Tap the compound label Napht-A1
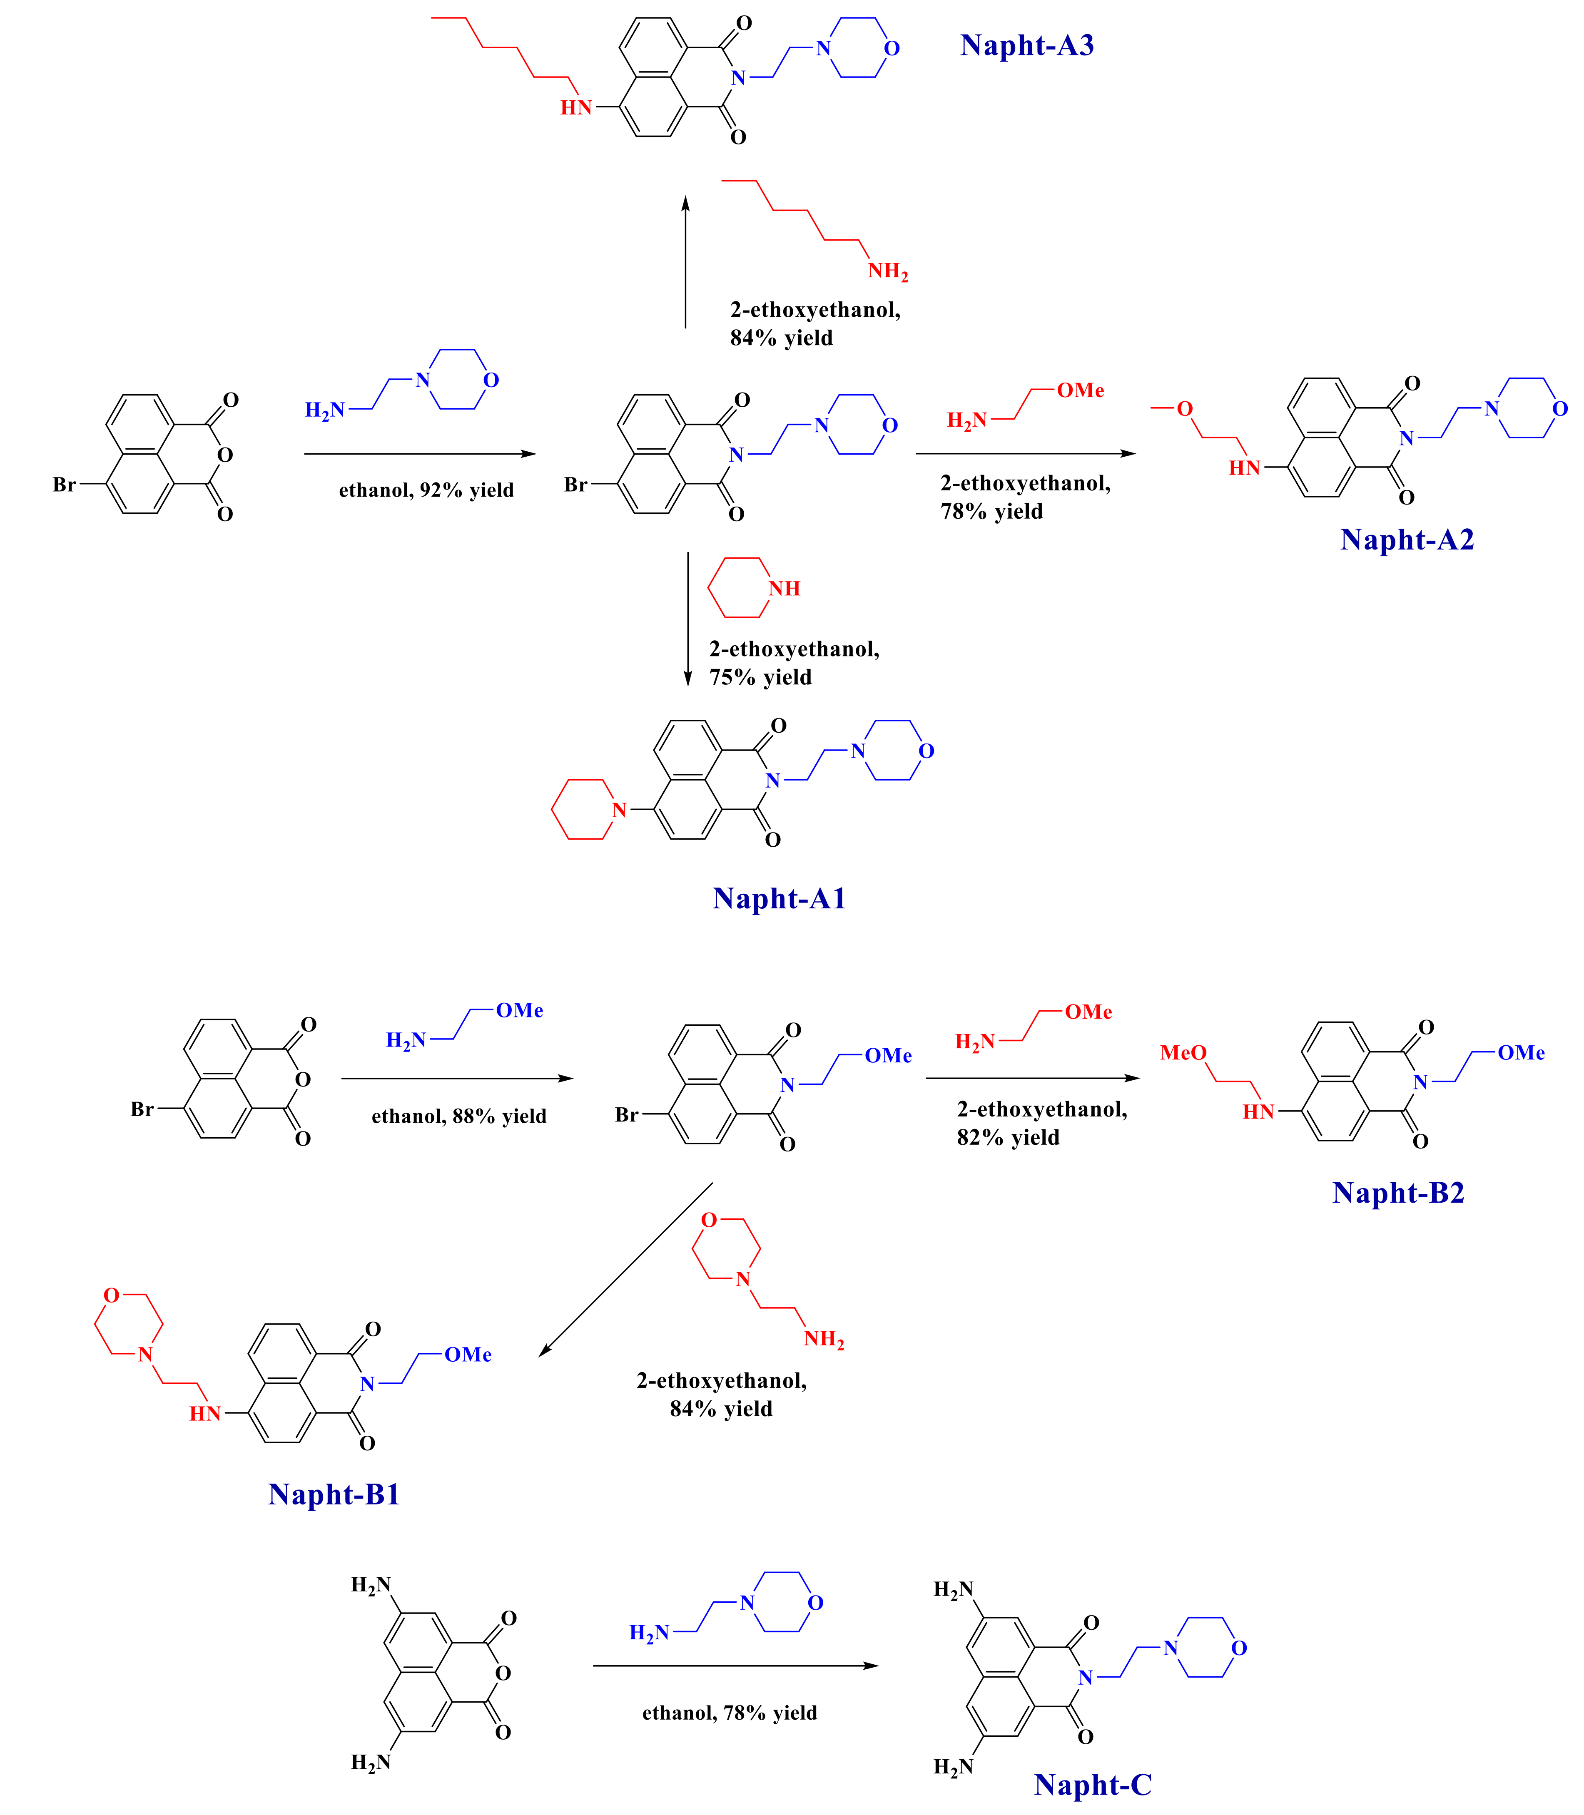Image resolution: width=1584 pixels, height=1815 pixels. (x=779, y=899)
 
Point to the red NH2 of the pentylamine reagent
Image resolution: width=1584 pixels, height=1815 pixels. (x=887, y=271)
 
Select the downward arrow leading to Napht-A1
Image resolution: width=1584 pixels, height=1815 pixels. (x=688, y=619)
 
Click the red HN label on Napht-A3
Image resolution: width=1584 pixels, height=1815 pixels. (x=575, y=108)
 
